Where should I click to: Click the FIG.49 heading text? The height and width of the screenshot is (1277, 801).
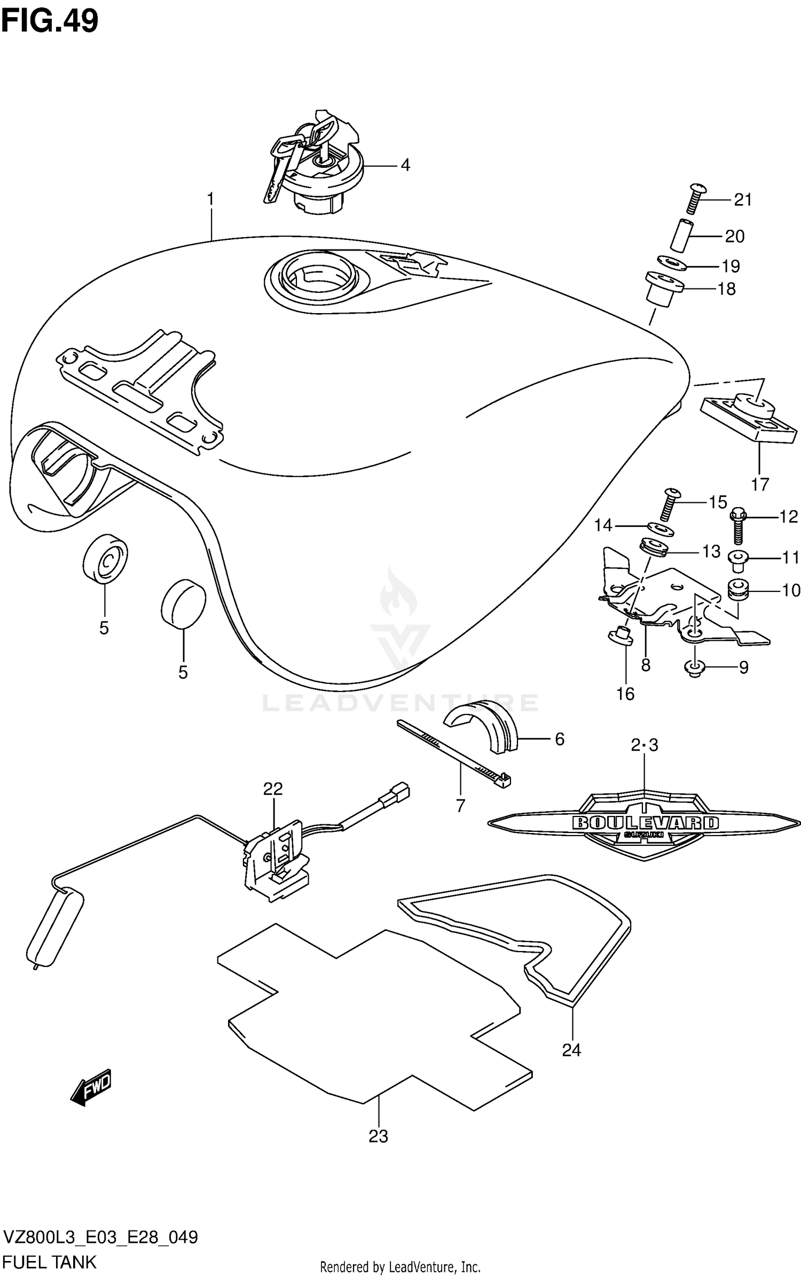(50, 21)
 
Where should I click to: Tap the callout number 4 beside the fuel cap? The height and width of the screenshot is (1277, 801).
(405, 165)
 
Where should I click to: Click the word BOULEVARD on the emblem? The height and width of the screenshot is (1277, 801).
(645, 822)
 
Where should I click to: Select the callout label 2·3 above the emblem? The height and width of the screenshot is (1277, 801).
(645, 745)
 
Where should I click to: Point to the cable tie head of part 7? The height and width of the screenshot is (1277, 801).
(503, 781)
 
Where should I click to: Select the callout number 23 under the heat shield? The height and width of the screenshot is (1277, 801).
(378, 1136)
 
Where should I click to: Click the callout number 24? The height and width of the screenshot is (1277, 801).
(571, 1050)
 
